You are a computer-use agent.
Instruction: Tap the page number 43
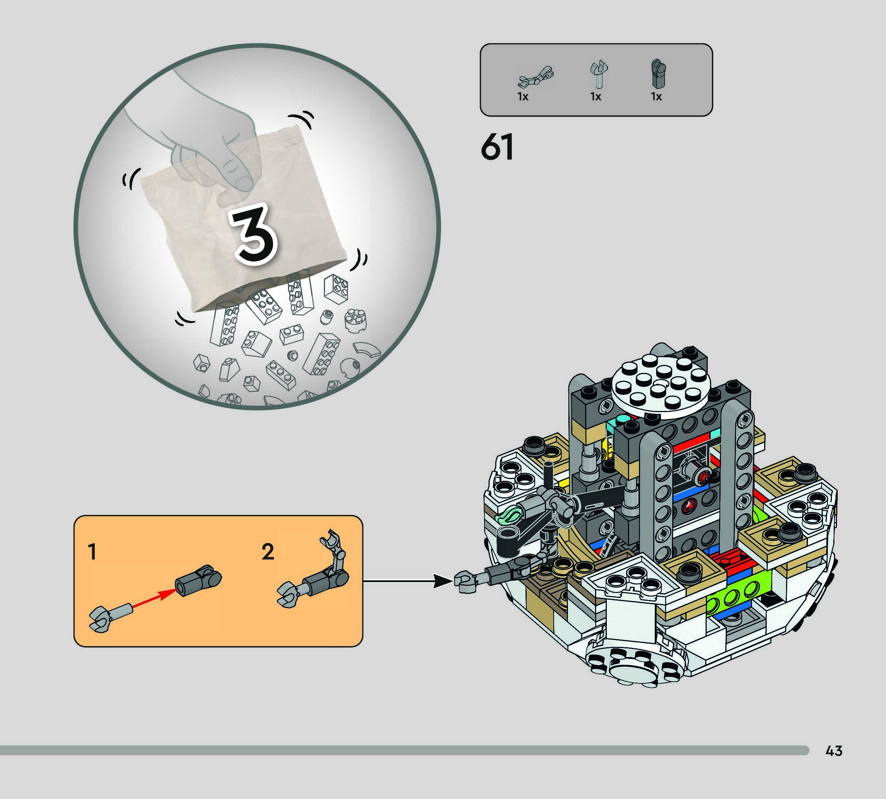833,751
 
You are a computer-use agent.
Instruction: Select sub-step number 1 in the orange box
92,551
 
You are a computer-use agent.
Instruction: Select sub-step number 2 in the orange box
268,551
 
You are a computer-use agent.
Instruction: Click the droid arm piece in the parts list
535,77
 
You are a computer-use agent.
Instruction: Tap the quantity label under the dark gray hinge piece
656,97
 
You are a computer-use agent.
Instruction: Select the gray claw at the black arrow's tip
465,582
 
